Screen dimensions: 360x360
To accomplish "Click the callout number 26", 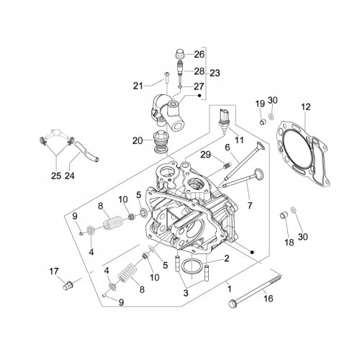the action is tap(199, 54).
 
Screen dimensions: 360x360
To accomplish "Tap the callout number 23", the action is tap(215, 73).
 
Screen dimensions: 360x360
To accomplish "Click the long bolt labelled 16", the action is tap(255, 292).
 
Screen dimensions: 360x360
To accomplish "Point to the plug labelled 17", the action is tap(68, 286).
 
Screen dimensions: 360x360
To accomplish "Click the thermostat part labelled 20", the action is tap(161, 143).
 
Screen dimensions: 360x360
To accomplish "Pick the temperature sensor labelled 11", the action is tap(223, 121).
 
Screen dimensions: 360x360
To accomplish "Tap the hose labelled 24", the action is tap(86, 152).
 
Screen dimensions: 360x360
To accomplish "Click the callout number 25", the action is tap(56, 176).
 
